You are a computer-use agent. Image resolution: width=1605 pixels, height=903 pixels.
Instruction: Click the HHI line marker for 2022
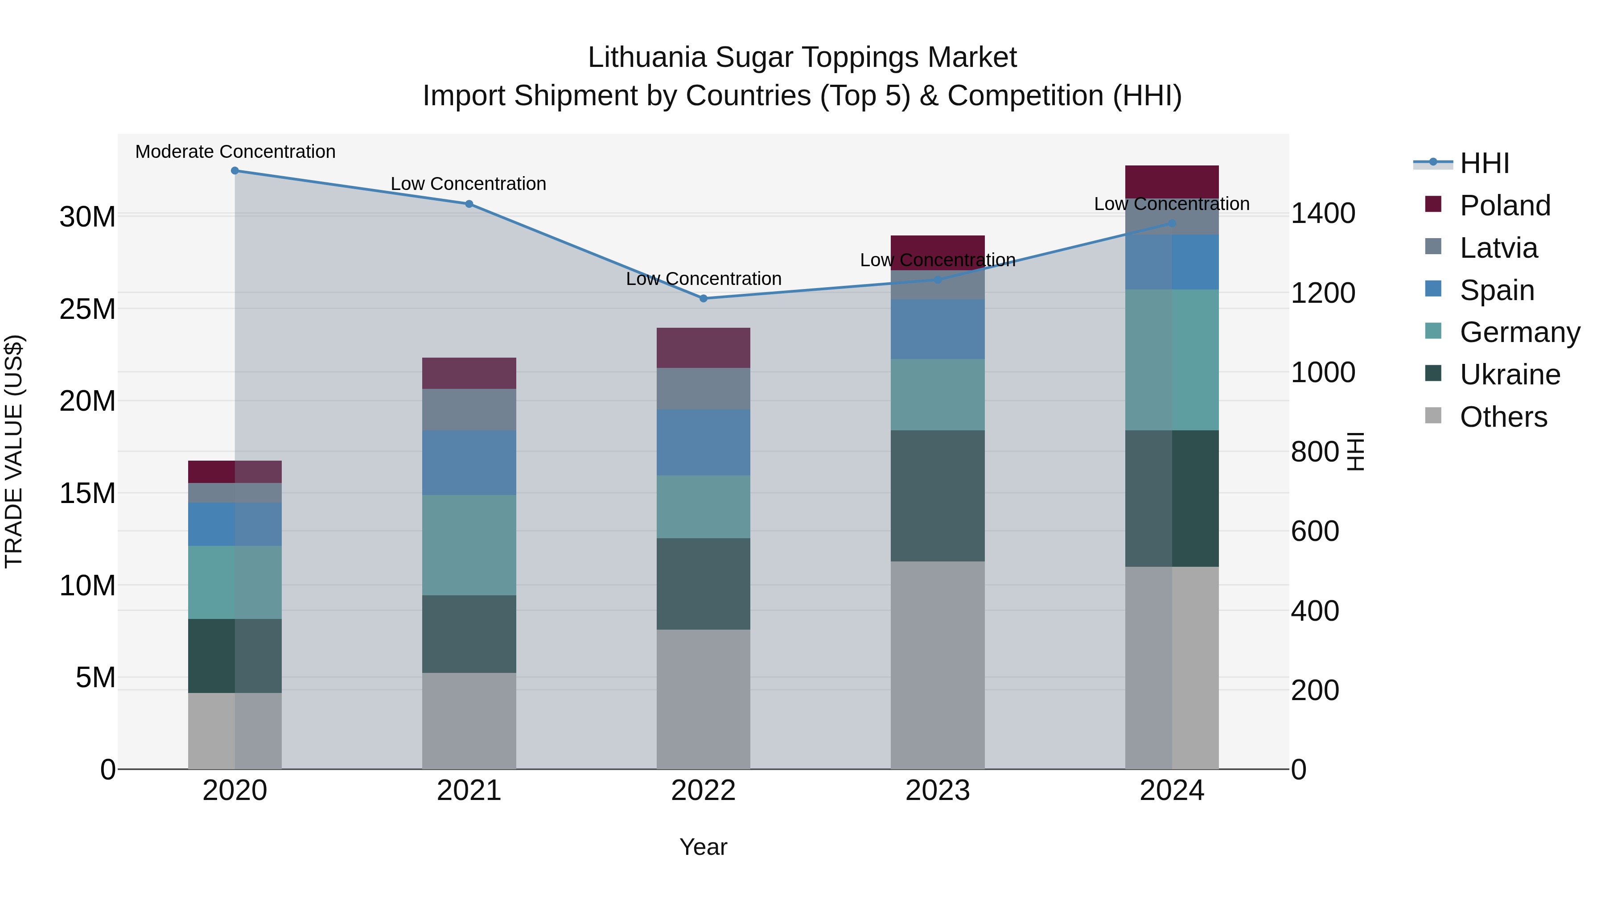pyautogui.click(x=704, y=298)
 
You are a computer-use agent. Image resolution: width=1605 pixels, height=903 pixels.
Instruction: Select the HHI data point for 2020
pyautogui.click(x=235, y=171)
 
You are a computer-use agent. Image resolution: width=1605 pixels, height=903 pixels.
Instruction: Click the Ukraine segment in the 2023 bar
pyautogui.click(x=937, y=495)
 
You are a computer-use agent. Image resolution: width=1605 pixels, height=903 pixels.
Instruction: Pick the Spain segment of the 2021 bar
pyautogui.click(x=469, y=462)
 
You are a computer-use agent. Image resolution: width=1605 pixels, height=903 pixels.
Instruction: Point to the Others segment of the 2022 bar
pyautogui.click(x=704, y=699)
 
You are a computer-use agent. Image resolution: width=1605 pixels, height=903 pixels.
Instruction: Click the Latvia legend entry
pyautogui.click(x=1498, y=248)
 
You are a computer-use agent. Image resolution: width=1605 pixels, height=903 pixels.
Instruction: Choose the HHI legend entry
pyautogui.click(x=1484, y=163)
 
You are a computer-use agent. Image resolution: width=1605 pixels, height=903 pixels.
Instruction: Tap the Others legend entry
pyautogui.click(x=1503, y=417)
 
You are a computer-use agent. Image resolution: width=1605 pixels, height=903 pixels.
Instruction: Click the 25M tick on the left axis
pyautogui.click(x=87, y=309)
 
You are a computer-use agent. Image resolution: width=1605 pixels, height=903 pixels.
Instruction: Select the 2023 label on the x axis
pyautogui.click(x=937, y=791)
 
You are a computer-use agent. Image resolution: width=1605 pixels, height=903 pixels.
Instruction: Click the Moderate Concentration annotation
pyautogui.click(x=235, y=152)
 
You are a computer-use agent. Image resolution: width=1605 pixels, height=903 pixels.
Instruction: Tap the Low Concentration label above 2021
pyautogui.click(x=469, y=184)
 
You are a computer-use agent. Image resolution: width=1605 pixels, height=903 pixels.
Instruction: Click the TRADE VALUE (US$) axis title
pyautogui.click(x=14, y=451)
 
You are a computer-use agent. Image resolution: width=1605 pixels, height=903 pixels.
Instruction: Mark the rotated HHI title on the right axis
pyautogui.click(x=1356, y=451)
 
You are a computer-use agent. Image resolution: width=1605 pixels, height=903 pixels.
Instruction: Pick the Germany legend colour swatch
pyautogui.click(x=1433, y=331)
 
